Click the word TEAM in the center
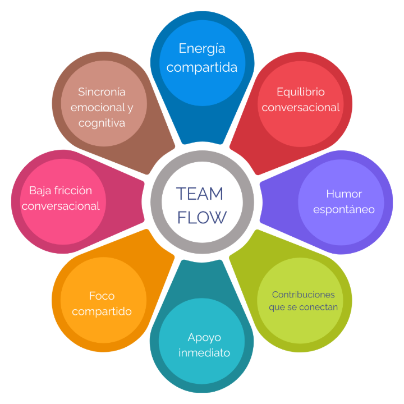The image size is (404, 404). [x=200, y=194]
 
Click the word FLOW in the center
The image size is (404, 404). [x=202, y=217]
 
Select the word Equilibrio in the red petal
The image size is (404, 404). [x=301, y=91]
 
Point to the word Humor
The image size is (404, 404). [x=344, y=194]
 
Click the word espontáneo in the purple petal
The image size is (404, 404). [x=344, y=210]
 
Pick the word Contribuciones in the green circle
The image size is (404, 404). [x=303, y=295]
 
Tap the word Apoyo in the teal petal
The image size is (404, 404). [x=204, y=338]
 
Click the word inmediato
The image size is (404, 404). [x=204, y=353]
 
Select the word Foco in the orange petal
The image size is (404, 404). [x=102, y=295]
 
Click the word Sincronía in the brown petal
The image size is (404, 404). [x=102, y=91]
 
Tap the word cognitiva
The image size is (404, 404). [x=102, y=122]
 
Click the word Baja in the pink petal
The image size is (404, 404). [x=40, y=191]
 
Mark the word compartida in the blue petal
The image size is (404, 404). [x=202, y=67]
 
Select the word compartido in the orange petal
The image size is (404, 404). [x=102, y=311]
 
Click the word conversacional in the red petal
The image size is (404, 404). [x=301, y=107]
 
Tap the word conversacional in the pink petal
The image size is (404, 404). [x=61, y=206]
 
